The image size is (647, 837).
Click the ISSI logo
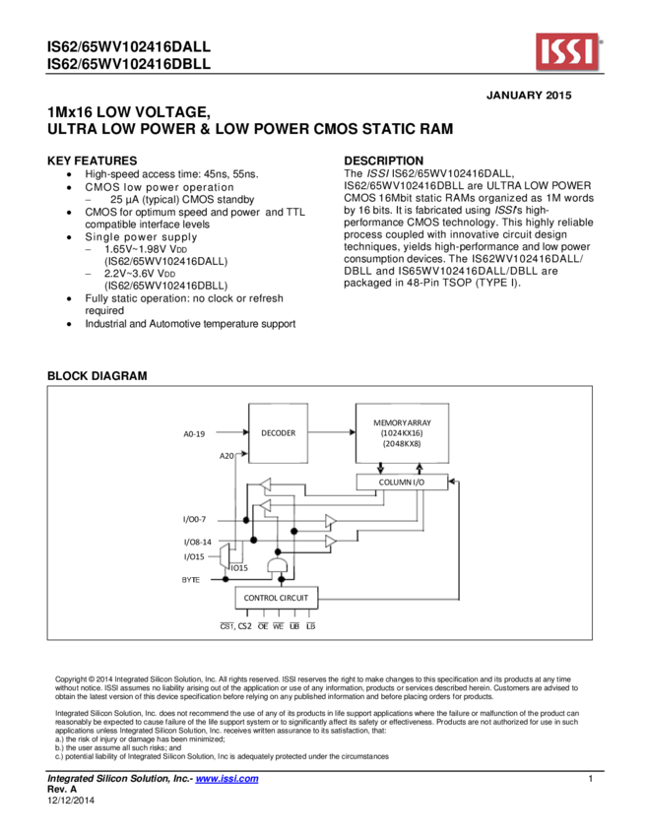pos(568,52)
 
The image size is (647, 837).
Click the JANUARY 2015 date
pos(530,96)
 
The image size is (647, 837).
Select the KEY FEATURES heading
pos(93,161)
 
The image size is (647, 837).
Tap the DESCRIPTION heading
pos(383,161)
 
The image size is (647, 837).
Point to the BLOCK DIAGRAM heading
pos(97,376)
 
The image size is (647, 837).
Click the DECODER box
pos(278,432)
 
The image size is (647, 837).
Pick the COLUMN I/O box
pos(402,483)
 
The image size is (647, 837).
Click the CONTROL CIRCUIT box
pos(276,598)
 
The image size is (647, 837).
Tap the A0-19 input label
pos(195,433)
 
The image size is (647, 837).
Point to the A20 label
pos(226,456)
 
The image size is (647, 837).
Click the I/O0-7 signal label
pos(194,519)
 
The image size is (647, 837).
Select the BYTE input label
pos(190,579)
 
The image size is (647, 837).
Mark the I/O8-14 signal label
pos(197,542)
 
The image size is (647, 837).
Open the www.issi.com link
pos(226,779)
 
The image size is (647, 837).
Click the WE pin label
pos(278,626)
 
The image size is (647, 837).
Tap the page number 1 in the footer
pos(589,779)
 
